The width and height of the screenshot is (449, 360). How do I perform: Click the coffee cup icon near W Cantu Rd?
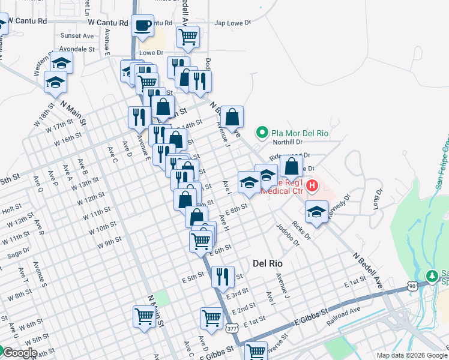143,26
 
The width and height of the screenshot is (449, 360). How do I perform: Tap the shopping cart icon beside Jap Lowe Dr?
188,37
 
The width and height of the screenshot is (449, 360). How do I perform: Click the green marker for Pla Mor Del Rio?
262,131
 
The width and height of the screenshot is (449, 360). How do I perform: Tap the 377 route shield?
232,329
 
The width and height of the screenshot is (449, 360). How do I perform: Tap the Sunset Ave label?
77,35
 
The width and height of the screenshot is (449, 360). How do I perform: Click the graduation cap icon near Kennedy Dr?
316,211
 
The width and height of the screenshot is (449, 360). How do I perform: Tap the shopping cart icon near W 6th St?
144,316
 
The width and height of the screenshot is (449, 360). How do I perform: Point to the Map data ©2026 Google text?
412,355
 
